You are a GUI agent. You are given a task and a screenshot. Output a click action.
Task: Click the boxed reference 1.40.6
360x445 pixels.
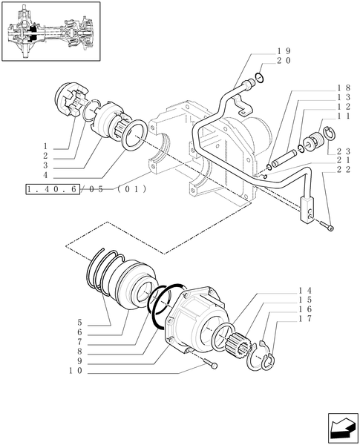coord(53,189)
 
